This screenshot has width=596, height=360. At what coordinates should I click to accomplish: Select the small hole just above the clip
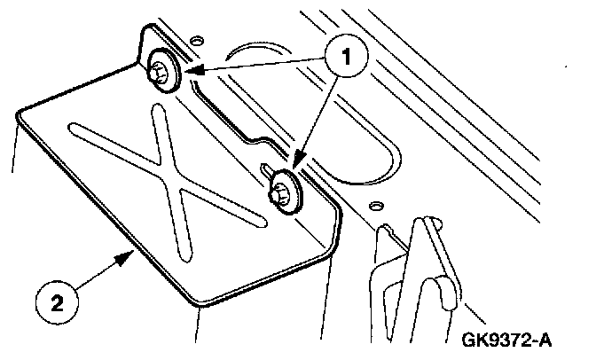377,206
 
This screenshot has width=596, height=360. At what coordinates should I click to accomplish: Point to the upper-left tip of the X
79,134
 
